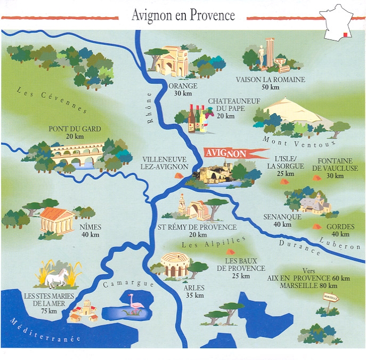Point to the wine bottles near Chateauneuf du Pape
point(197,119)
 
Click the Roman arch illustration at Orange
point(172,61)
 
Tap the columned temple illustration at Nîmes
point(56,220)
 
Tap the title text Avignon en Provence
point(183,15)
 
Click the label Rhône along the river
point(150,109)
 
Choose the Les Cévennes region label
point(51,100)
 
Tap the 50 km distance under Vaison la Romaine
point(270,87)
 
